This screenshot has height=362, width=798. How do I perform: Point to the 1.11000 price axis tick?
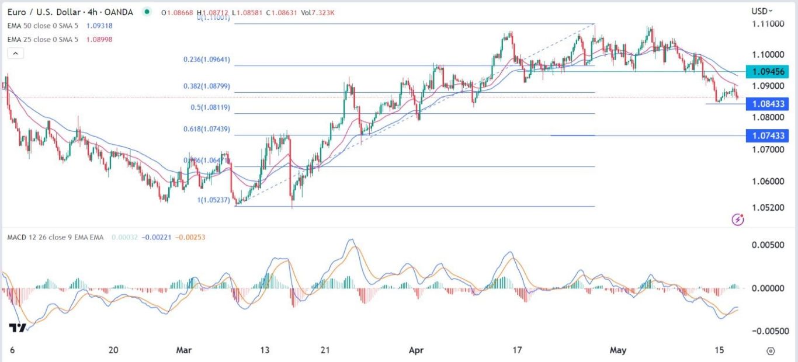pos(767,24)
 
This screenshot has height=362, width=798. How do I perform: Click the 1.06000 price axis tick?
pos(767,181)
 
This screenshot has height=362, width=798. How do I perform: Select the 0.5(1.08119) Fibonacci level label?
pos(211,107)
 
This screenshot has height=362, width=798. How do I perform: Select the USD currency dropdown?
pos(762,11)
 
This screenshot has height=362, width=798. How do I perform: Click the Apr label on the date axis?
pos(416,350)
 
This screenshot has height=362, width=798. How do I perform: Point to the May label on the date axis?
pos(618,350)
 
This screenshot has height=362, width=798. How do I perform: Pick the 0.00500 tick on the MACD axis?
pos(767,245)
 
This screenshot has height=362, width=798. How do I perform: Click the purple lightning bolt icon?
pos(738,220)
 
